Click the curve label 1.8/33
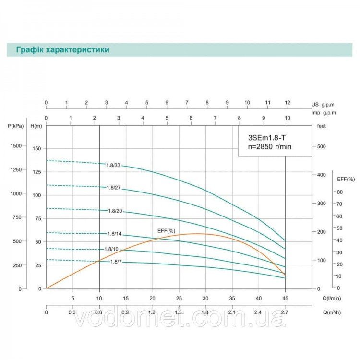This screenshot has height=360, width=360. point(113,165)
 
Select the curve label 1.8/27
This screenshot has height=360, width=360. point(114,188)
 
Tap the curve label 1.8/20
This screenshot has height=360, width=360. point(115,211)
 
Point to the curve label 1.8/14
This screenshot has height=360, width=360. point(115,234)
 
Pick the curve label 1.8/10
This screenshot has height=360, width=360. point(111,249)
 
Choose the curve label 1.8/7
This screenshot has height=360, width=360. point(116,262)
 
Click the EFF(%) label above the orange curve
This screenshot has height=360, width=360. point(166,231)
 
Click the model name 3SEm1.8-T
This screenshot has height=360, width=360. point(267,138)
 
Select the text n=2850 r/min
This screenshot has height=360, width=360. point(270,146)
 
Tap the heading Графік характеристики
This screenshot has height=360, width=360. point(63,50)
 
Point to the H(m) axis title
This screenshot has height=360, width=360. point(36,126)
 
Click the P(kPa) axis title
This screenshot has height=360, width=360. point(16,126)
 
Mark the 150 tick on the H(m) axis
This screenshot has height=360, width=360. point(37,148)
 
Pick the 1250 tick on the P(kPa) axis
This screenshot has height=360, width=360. point(16,169)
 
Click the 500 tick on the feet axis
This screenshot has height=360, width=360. point(322,146)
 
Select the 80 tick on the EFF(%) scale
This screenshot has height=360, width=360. point(340,192)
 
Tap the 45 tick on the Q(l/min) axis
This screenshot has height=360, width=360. point(285,298)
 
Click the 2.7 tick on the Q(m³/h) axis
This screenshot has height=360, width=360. point(285,312)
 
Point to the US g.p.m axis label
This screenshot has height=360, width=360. point(323,105)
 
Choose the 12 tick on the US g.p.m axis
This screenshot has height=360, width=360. point(288,102)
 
